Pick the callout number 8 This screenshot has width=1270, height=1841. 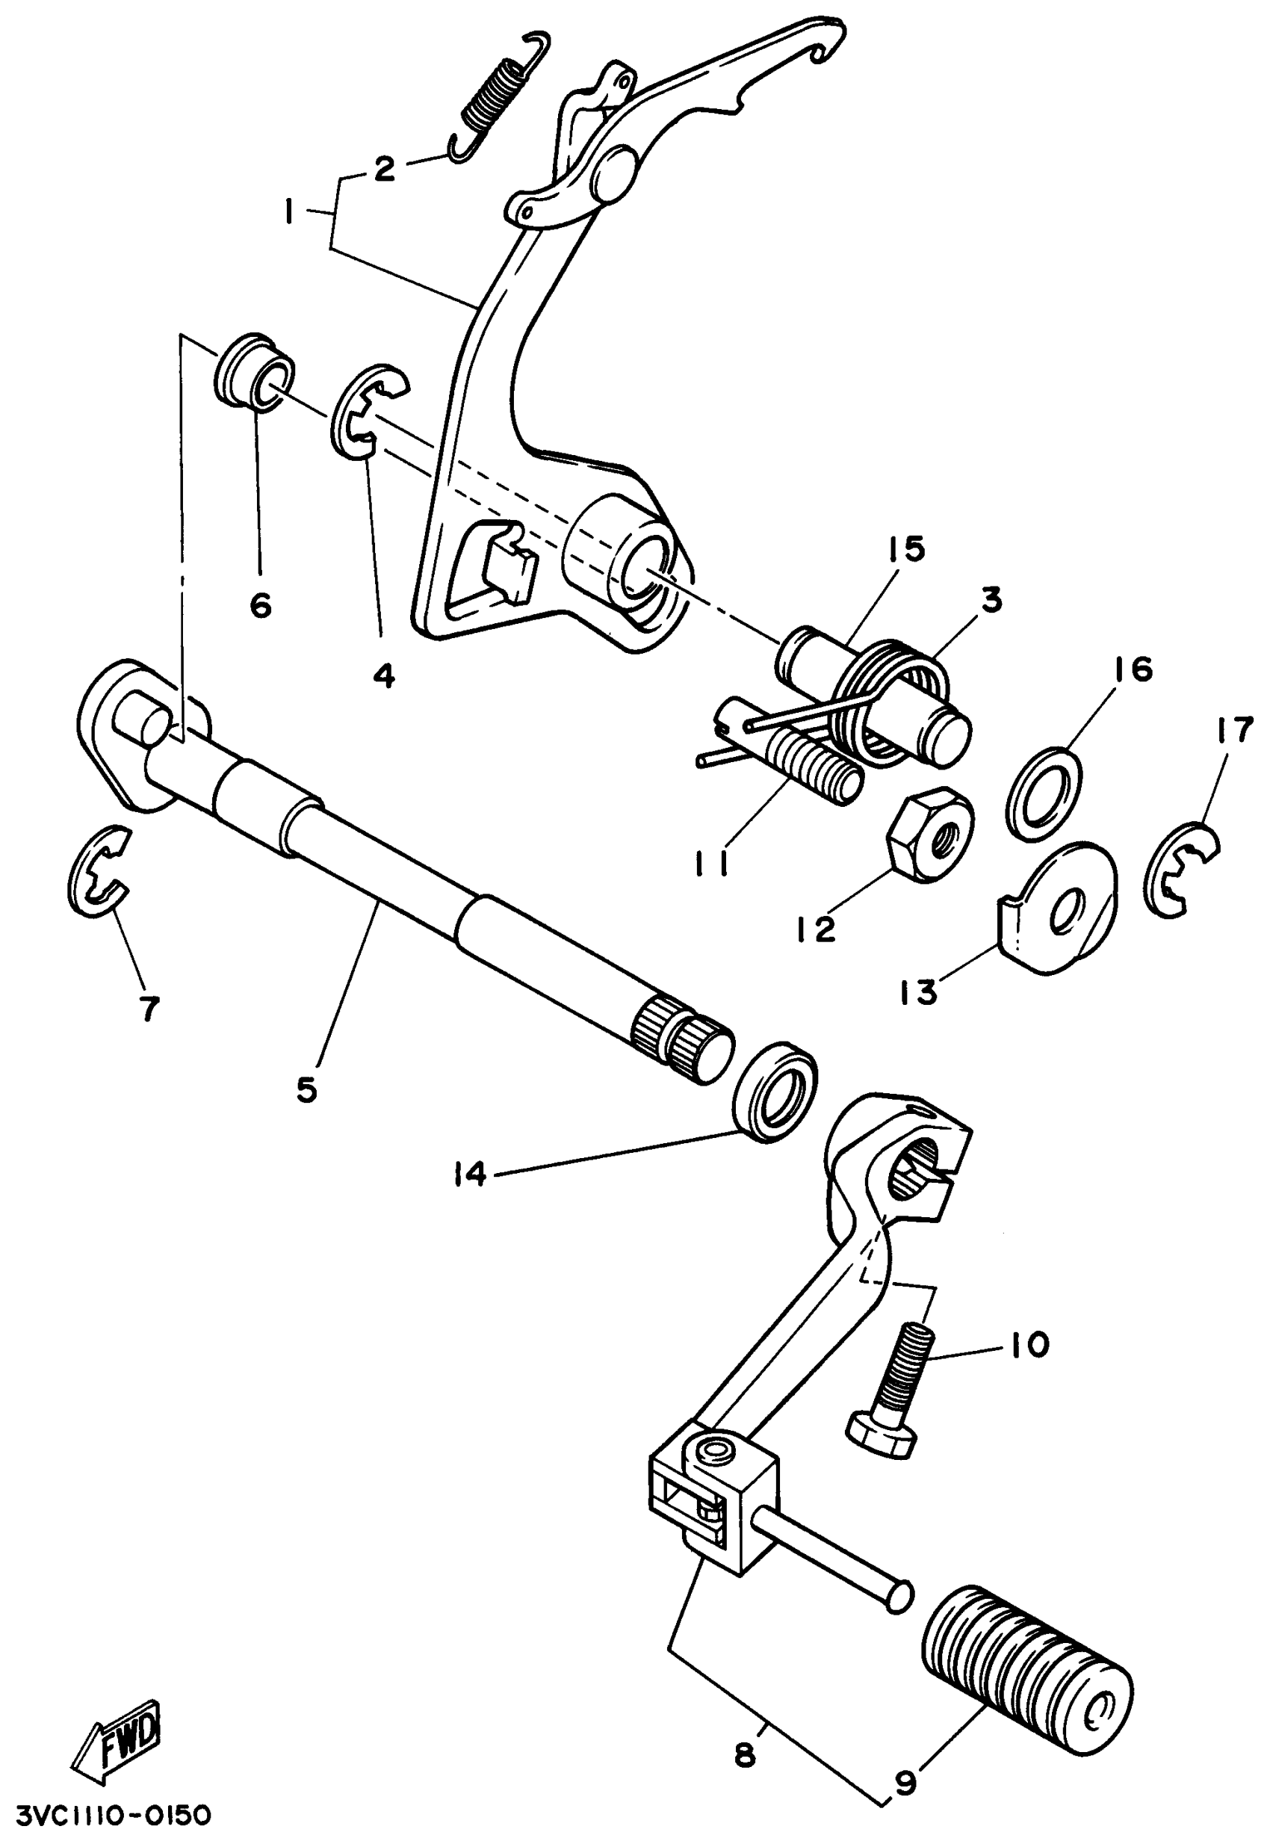coord(745,1754)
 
